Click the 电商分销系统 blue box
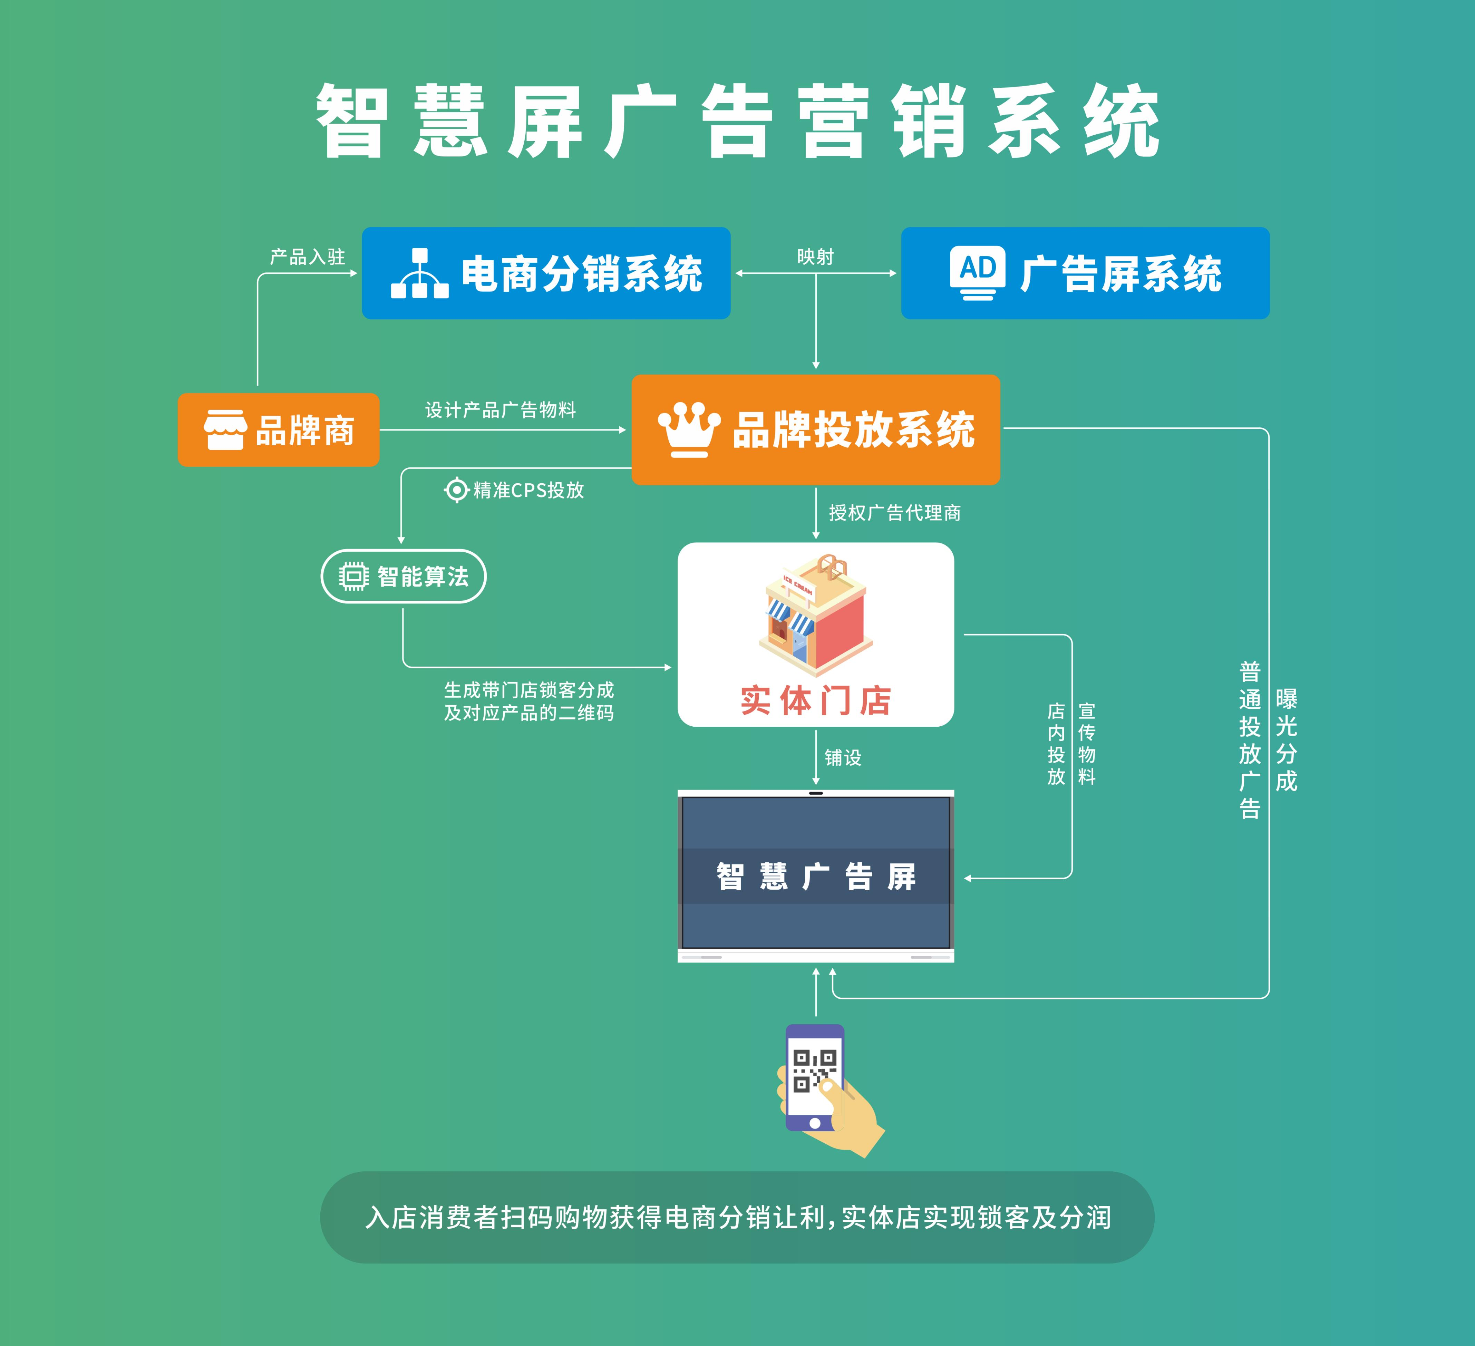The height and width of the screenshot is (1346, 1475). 546,273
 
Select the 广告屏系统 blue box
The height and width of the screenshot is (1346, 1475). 1085,273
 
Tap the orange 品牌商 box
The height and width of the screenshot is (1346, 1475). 278,429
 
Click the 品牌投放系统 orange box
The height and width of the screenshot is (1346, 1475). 816,429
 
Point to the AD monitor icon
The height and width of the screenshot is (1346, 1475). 978,273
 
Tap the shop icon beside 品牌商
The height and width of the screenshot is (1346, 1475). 225,429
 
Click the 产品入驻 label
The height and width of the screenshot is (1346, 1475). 307,257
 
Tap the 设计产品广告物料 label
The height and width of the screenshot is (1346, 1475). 501,410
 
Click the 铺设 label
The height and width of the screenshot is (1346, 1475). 843,757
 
